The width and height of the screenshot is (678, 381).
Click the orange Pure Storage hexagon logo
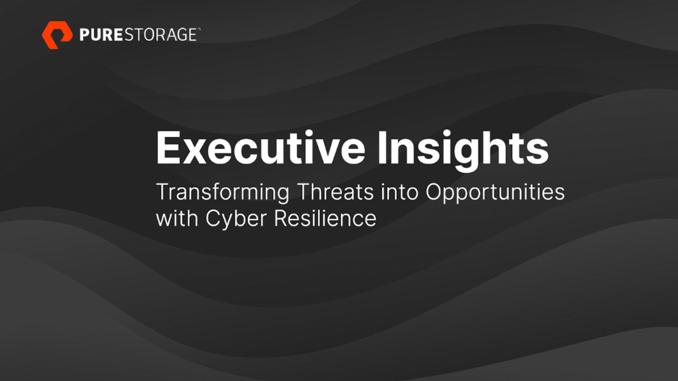click(57, 35)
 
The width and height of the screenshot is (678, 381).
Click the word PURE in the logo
click(101, 35)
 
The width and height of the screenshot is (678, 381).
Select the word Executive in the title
click(261, 148)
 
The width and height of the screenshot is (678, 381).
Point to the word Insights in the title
click(463, 150)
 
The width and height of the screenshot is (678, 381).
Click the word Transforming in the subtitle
click(223, 192)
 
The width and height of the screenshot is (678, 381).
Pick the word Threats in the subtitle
click(336, 192)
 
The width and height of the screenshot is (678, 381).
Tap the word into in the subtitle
click(399, 192)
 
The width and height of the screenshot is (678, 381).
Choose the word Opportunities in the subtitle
click(495, 192)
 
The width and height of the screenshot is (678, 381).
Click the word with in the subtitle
click(177, 218)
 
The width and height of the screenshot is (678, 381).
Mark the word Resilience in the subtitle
click(325, 218)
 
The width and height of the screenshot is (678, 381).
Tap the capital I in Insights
click(382, 148)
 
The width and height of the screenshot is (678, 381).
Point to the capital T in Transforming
click(165, 192)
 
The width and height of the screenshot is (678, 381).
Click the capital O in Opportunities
click(435, 192)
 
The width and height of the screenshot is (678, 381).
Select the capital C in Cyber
click(215, 218)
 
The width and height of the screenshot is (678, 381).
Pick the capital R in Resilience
click(282, 218)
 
